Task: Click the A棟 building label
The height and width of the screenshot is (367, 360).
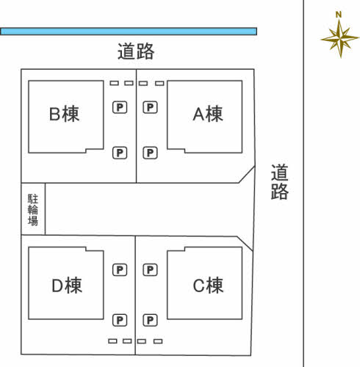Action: [x=208, y=114]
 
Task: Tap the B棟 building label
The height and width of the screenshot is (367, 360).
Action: [x=64, y=114]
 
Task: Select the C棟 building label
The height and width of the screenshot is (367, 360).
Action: [x=208, y=286]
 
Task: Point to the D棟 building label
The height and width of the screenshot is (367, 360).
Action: [x=67, y=286]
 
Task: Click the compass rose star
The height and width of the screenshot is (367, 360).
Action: [x=340, y=38]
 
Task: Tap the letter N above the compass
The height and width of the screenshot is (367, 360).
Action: [x=339, y=15]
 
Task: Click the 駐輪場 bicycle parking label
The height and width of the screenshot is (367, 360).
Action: [x=33, y=210]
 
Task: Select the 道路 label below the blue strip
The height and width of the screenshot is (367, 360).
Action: [x=136, y=51]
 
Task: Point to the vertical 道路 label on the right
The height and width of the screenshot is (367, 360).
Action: [x=280, y=182]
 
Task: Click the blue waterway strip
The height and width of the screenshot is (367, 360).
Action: [x=129, y=32]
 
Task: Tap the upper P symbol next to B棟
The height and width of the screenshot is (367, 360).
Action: [x=120, y=107]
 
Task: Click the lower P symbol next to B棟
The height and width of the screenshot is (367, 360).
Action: [x=120, y=153]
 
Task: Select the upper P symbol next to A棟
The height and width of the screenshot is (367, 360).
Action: [x=150, y=107]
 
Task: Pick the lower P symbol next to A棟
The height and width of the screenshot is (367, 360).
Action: [x=150, y=153]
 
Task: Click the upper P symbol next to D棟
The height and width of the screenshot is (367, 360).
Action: [x=120, y=270]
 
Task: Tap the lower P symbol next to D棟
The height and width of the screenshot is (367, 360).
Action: [x=120, y=320]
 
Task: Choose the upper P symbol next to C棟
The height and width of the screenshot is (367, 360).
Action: [x=150, y=270]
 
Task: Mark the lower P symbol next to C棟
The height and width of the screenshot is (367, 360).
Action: [x=150, y=320]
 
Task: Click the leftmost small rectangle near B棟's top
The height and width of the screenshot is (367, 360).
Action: [x=114, y=83]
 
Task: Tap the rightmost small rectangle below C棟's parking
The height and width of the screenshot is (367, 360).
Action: [x=158, y=341]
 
